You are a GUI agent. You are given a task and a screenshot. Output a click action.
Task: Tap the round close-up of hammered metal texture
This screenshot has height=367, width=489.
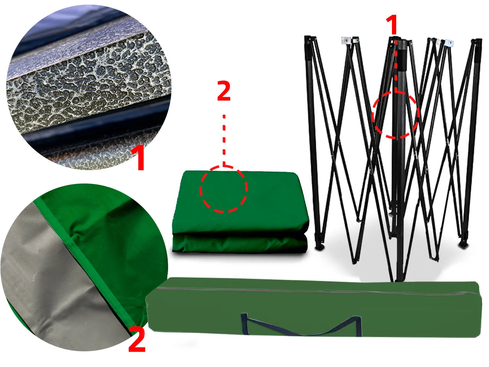pyautogui.click(x=89, y=87)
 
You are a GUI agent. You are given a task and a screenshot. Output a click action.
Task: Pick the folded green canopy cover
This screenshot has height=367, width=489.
pyautogui.click(x=241, y=212)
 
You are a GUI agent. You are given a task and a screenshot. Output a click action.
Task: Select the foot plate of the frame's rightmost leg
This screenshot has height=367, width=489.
pyautogui.click(x=465, y=244)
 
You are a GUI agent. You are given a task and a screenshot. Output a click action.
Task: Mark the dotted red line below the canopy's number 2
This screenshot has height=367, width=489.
pyautogui.click(x=224, y=140)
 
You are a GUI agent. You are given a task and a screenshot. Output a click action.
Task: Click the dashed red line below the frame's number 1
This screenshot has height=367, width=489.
pyautogui.click(x=396, y=66)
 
